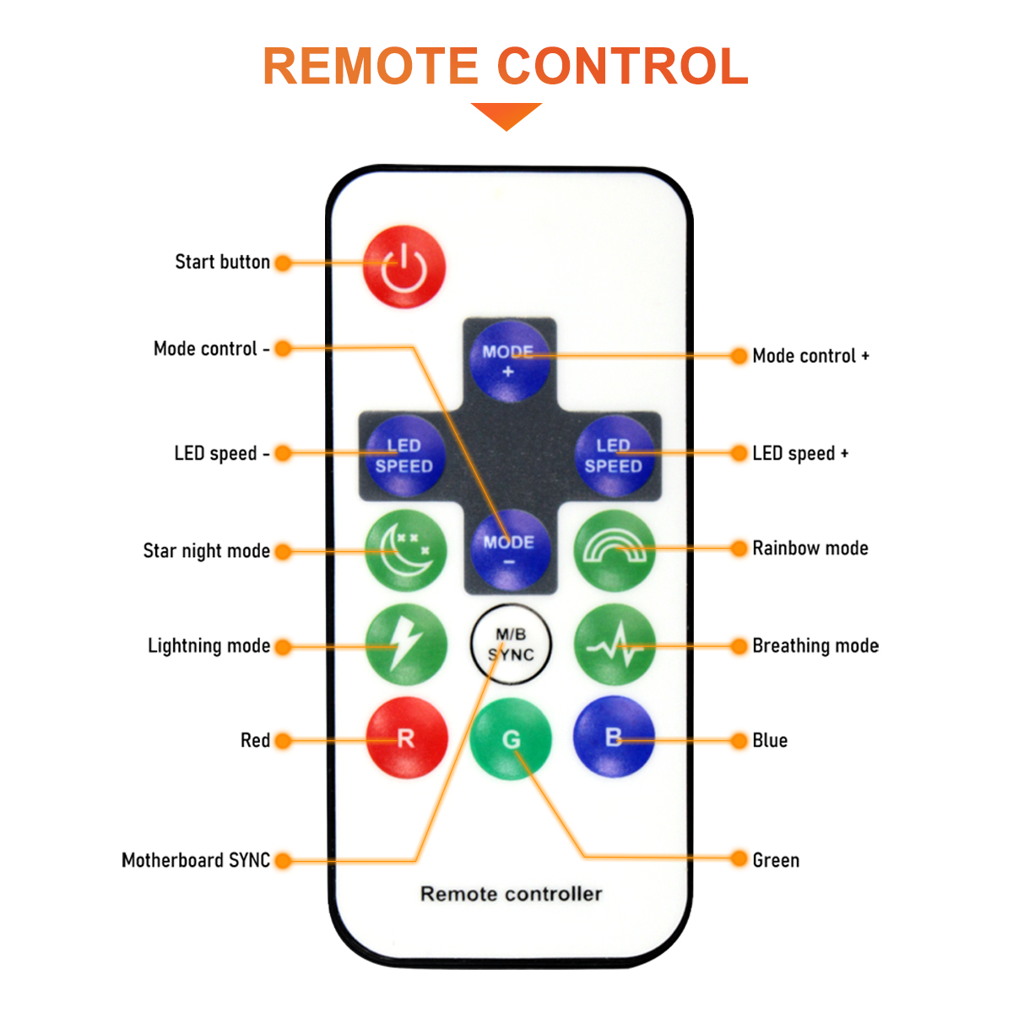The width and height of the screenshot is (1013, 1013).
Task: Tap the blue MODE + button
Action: [x=508, y=360]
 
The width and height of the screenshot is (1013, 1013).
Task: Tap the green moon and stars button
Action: [x=405, y=550]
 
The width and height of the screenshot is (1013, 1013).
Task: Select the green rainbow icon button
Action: [x=614, y=550]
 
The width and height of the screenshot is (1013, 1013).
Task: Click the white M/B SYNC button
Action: [x=510, y=645]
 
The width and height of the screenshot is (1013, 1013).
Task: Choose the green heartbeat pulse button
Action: [x=614, y=646]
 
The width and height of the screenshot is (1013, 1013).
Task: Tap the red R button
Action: [x=406, y=739]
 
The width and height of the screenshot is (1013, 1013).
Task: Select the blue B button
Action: [x=614, y=737]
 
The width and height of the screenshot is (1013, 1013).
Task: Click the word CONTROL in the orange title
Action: [x=622, y=66]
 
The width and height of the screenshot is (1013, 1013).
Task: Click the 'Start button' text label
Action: [x=222, y=262]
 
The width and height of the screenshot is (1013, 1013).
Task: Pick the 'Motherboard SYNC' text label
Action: [x=196, y=860]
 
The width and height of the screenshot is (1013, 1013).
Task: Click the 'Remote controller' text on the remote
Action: [x=512, y=894]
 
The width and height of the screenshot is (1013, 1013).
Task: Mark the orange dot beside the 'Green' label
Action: [x=739, y=859]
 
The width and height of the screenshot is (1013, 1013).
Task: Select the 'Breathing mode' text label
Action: [x=815, y=646]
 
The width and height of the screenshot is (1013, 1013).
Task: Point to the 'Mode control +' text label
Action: [x=810, y=356]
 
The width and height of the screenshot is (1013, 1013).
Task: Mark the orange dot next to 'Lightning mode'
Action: [x=284, y=647]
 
